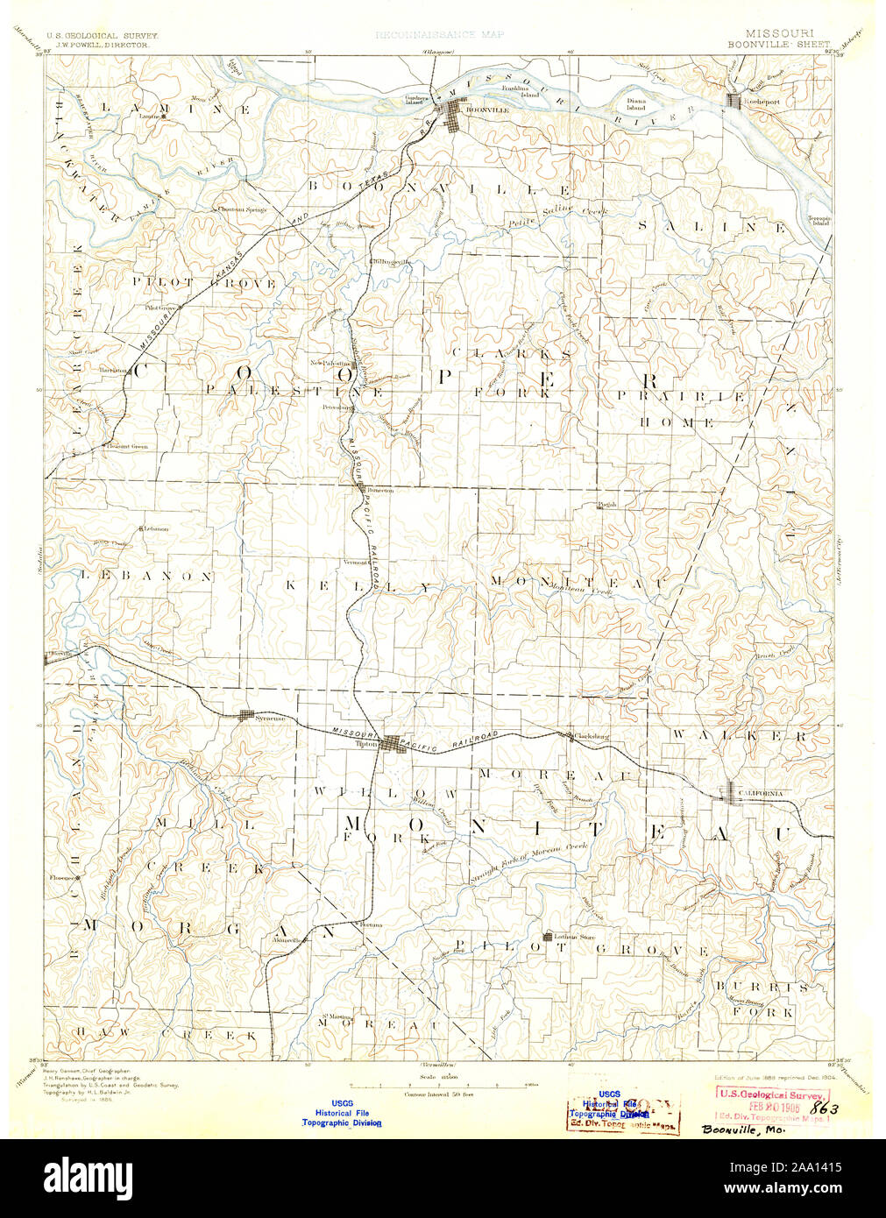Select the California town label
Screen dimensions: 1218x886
point(761,793)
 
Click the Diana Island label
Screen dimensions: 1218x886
point(636,104)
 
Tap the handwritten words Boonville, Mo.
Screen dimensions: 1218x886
point(743,1129)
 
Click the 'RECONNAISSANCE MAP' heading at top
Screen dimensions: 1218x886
point(439,35)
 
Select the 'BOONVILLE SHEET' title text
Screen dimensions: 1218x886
point(779,43)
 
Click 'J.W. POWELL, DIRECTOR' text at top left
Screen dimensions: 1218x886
point(102,43)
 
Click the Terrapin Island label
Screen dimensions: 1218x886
point(819,220)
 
